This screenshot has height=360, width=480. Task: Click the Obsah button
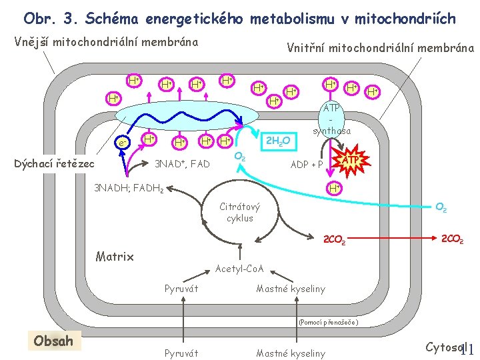(53, 341)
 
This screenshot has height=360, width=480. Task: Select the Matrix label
(115, 256)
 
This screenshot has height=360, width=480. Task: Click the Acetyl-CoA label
(240, 269)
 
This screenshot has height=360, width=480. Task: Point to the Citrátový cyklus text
(239, 213)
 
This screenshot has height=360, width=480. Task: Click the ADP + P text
(307, 165)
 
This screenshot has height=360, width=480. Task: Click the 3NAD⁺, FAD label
(182, 164)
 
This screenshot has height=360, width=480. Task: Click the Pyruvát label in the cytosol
(181, 353)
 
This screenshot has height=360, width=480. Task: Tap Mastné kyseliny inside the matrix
(291, 289)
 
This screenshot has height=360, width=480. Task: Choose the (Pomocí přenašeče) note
(329, 322)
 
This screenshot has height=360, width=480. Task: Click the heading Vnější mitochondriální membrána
(106, 42)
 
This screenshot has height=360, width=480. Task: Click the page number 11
(466, 349)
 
